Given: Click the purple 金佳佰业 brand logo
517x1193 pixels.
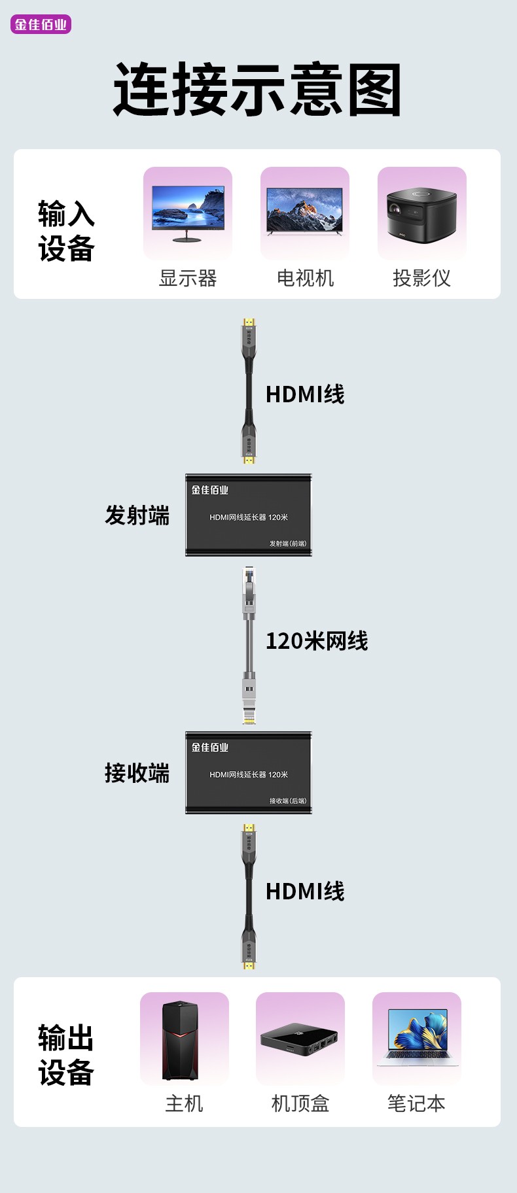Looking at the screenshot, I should coord(41,25).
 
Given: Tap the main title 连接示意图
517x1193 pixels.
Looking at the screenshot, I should coord(257,90).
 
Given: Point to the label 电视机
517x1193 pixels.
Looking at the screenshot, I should coord(305,278).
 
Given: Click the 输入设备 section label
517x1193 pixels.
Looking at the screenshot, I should coord(66,231).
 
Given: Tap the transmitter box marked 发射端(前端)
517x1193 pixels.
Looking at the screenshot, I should coord(249,515).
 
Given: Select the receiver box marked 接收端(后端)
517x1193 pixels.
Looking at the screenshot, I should coord(249,773).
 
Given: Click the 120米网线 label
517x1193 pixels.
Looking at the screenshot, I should coord(317,641).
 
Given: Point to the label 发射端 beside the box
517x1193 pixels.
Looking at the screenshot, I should coord(137,515).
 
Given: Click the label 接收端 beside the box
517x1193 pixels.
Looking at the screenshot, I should coord(137,773).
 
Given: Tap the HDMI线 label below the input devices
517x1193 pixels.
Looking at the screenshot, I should coord(305,394).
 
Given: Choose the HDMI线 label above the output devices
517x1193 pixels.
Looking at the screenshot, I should coord(305,891).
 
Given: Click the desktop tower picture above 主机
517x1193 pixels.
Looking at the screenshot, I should coord(181,1040).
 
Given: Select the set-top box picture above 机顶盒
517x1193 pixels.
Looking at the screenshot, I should coord(300,1040).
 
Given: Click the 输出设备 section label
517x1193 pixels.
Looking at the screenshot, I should coord(66,1055).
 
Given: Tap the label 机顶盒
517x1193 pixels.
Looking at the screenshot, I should coord(300,1103).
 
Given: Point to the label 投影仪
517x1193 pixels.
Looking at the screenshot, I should coord(421,278).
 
